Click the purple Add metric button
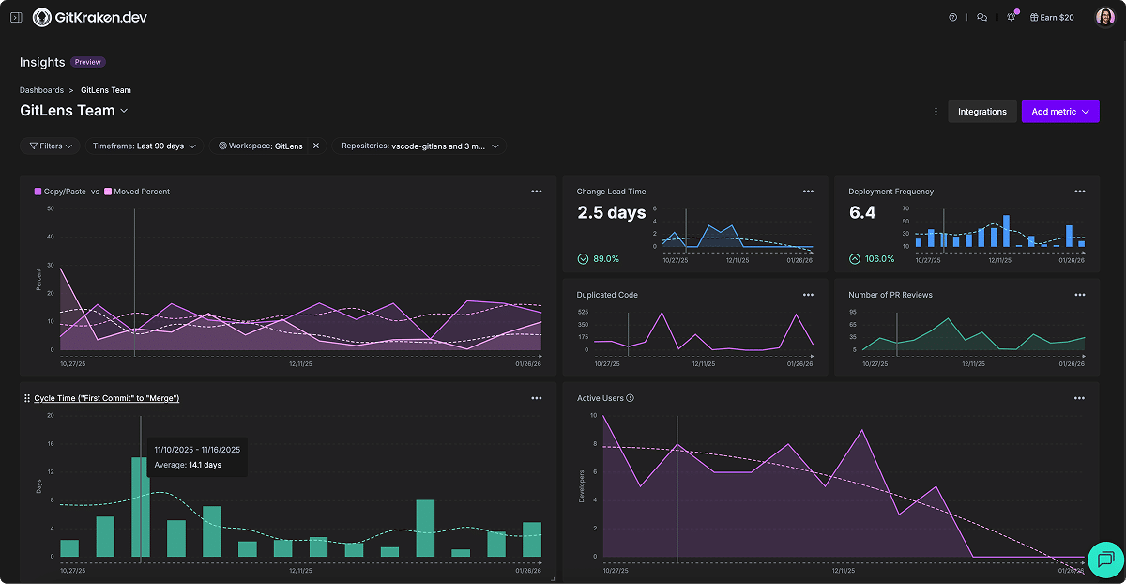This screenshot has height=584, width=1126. tap(1059, 112)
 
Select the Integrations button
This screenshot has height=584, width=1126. tap(981, 112)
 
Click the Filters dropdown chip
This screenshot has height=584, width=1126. tap(51, 146)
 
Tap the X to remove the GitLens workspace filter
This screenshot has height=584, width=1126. tap(316, 146)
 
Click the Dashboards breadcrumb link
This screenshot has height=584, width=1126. tap(41, 90)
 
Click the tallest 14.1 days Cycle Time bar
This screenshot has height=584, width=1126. tap(140, 507)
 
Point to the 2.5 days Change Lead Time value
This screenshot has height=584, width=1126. tap(611, 213)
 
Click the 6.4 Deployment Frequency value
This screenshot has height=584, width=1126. tap(862, 213)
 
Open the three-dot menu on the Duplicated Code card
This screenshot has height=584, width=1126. tap(808, 295)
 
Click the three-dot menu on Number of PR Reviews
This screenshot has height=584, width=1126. tap(1080, 295)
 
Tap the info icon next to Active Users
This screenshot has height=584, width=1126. tap(630, 398)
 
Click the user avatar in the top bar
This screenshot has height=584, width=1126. tap(1104, 18)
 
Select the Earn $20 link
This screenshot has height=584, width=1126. tap(1052, 18)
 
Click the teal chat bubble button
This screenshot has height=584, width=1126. tap(1104, 560)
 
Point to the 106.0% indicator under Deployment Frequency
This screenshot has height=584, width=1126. tap(873, 259)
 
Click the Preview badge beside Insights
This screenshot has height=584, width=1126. tap(88, 63)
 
